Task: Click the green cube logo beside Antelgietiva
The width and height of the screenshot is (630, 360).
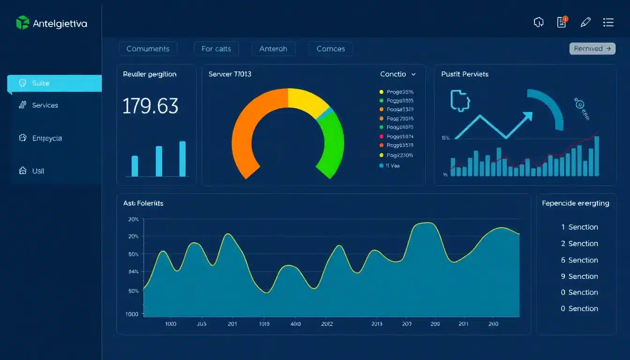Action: pos(22,23)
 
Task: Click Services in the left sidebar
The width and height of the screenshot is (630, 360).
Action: pos(45,105)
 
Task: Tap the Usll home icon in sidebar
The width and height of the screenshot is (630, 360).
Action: pos(22,171)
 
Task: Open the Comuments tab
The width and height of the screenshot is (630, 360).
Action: pos(148,49)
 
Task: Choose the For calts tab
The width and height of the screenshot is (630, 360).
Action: pos(216,49)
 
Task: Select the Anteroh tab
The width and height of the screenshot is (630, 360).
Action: pos(273,49)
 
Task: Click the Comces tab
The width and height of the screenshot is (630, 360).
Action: pos(330,49)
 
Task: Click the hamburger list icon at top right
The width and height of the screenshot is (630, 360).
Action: pos(608,22)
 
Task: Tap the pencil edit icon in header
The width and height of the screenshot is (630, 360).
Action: pos(585,22)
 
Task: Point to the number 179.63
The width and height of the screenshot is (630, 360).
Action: pos(150,106)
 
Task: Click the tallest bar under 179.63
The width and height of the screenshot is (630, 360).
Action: pos(182,158)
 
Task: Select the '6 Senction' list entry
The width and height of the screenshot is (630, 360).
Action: pos(579,260)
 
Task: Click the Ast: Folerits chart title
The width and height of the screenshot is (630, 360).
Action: pos(143,203)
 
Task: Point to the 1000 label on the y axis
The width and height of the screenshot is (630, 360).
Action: pos(132,315)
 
